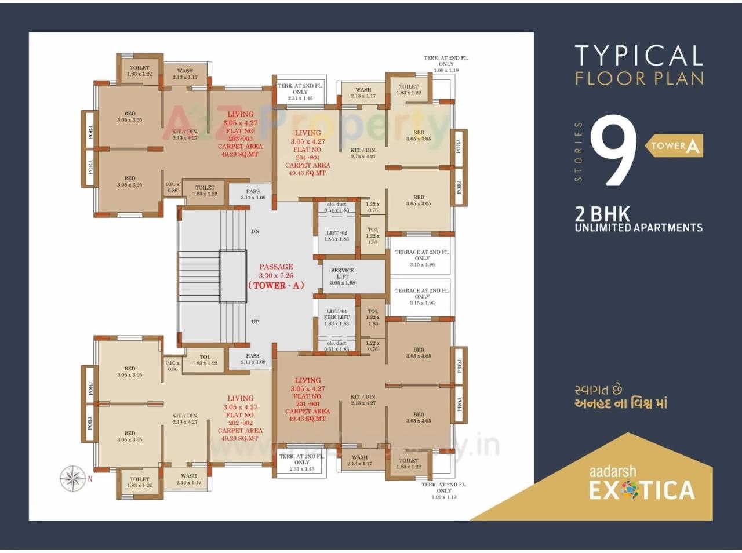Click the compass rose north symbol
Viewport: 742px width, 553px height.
coord(73,479)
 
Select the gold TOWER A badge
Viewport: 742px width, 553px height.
coord(674,146)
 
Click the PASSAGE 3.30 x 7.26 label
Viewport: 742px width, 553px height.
coord(276,271)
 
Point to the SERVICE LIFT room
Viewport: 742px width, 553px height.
coord(343,276)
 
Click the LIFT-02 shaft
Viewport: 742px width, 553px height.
coord(336,236)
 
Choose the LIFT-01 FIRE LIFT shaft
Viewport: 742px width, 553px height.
coord(336,317)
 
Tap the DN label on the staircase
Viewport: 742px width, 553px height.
coord(255,231)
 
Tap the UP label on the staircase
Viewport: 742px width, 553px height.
coord(255,322)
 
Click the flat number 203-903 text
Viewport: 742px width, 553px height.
coord(240,139)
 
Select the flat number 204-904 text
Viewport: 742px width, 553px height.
coord(307,157)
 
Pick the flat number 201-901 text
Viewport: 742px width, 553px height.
coord(307,404)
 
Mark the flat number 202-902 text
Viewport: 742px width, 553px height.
coord(240,423)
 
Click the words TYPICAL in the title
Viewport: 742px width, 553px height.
coord(639,56)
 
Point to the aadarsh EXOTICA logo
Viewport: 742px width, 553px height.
coord(641,483)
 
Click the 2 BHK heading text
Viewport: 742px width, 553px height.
coord(602,214)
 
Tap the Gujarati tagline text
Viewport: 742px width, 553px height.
coord(620,397)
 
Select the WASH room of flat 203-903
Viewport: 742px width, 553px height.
coord(185,74)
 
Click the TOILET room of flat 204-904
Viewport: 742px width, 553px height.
coord(408,90)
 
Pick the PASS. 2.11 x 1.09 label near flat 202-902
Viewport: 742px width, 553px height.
coord(253,359)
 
